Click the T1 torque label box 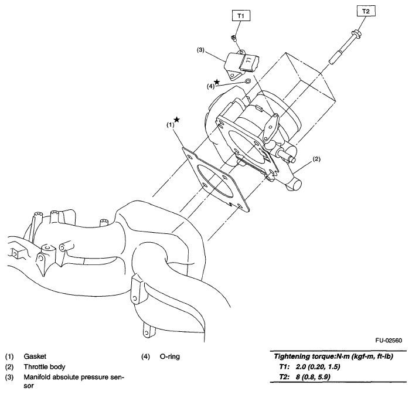(241, 15)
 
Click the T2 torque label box (365, 11)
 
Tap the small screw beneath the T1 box (233, 38)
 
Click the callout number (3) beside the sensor (200, 51)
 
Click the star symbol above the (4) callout (217, 82)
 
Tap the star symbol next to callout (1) (176, 120)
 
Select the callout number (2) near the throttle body (316, 159)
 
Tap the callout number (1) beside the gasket (169, 125)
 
